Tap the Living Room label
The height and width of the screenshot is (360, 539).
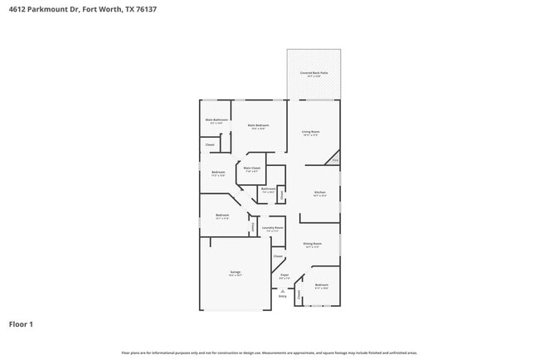click(x=311, y=132)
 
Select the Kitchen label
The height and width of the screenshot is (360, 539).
click(x=319, y=193)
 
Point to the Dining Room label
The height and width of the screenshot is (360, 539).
click(x=313, y=244)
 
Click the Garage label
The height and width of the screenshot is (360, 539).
click(x=236, y=272)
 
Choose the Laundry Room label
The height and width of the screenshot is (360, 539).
click(x=273, y=227)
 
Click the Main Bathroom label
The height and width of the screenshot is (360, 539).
click(x=216, y=120)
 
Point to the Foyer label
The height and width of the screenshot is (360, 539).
click(x=284, y=275)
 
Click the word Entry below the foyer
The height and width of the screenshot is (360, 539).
click(x=283, y=296)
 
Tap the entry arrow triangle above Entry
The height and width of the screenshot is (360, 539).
click(x=283, y=290)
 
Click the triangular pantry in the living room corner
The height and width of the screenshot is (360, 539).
click(x=334, y=159)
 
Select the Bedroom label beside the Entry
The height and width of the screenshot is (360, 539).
click(x=322, y=286)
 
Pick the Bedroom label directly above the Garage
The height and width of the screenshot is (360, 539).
click(x=221, y=216)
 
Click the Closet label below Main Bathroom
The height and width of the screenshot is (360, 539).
click(x=210, y=145)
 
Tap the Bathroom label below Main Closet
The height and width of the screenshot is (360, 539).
click(x=267, y=189)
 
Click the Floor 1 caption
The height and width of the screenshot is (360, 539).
click(x=22, y=324)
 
